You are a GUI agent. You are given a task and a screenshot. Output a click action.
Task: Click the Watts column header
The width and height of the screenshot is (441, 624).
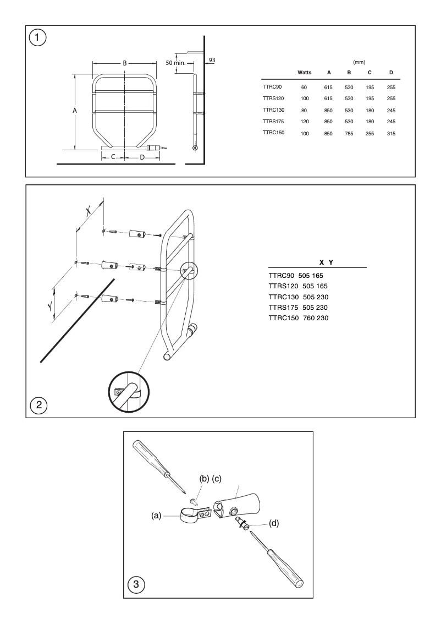(x=304, y=73)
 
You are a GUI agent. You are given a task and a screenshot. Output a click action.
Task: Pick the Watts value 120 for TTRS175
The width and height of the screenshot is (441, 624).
(x=304, y=122)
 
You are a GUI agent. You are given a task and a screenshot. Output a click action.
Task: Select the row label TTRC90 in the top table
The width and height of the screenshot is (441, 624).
(x=272, y=87)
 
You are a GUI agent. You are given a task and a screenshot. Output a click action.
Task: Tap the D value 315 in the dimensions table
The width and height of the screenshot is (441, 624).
(x=391, y=134)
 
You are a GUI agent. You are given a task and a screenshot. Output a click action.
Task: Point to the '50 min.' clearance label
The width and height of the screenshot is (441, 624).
(x=176, y=63)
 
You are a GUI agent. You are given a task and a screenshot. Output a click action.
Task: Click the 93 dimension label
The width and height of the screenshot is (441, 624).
(x=212, y=59)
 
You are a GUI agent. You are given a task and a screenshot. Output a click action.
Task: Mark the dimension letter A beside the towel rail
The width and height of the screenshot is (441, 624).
(x=75, y=111)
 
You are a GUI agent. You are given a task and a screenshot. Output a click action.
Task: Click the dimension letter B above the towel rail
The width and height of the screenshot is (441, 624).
(x=125, y=63)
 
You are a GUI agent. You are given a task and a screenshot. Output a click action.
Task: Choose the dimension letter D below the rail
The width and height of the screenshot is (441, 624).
(x=142, y=157)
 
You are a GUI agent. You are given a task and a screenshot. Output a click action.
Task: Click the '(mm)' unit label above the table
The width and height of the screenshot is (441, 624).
(x=359, y=62)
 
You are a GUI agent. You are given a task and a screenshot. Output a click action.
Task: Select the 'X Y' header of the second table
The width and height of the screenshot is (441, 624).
(x=324, y=262)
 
